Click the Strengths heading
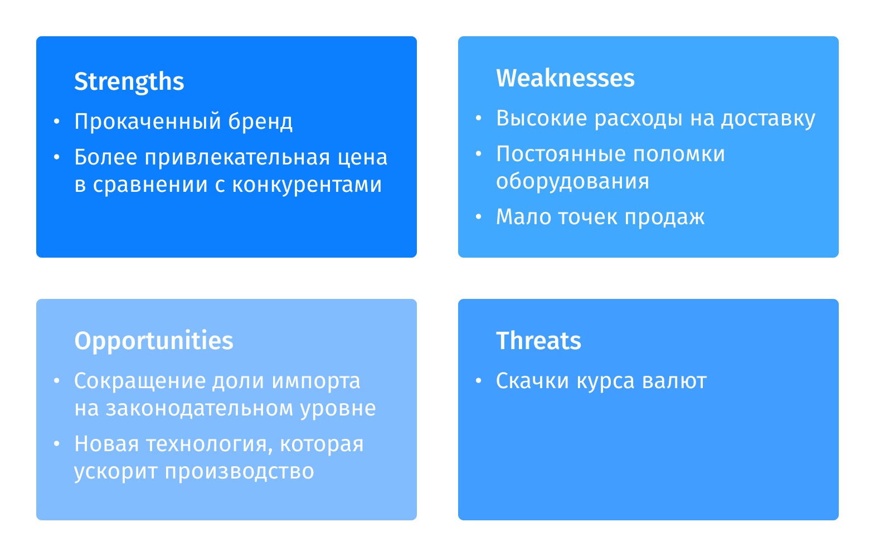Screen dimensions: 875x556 [x=129, y=82]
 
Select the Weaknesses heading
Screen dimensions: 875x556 [x=565, y=78]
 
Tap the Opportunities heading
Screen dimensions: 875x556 [x=153, y=341]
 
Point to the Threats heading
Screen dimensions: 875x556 [x=538, y=341]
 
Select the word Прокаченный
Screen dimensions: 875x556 [x=148, y=122]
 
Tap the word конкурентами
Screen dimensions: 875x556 [x=307, y=185]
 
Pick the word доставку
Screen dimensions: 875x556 [x=768, y=118]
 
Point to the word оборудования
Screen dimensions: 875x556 [x=572, y=182]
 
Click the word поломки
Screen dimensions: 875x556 [x=679, y=154]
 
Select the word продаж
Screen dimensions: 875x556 [x=664, y=217]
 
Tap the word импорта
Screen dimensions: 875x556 [x=315, y=381]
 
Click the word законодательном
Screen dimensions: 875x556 [x=200, y=409]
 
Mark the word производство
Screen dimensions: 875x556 [x=239, y=472]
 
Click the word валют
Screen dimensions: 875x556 [x=674, y=381]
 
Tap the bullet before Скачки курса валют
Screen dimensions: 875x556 [x=479, y=380]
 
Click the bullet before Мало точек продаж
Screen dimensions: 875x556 [x=479, y=216]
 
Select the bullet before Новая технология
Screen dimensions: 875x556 [x=57, y=443]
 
